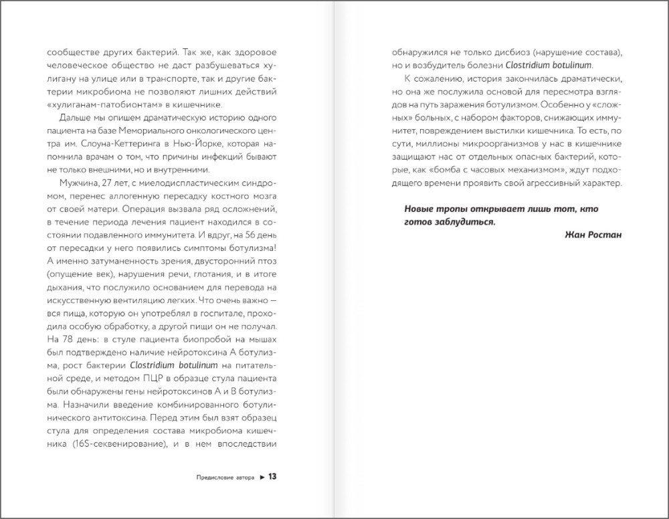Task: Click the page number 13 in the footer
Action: pyautogui.click(x=272, y=478)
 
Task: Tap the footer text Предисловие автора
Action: pyautogui.click(x=225, y=478)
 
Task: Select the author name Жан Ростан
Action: pyautogui.click(x=584, y=235)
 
